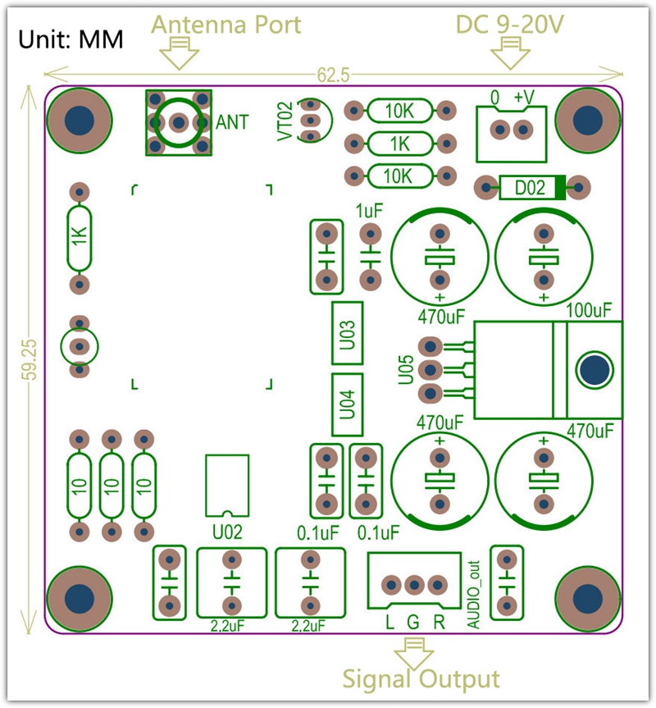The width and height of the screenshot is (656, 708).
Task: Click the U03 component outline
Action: [x=346, y=333]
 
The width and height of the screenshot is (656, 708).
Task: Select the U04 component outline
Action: [x=346, y=404]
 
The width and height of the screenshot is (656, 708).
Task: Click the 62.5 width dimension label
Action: [x=333, y=75]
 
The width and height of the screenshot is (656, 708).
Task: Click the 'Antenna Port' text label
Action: [x=226, y=25]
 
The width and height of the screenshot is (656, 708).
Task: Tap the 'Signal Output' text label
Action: [x=420, y=679]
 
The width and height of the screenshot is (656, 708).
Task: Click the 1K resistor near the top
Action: [x=399, y=143]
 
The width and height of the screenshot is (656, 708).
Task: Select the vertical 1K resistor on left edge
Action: [x=79, y=238]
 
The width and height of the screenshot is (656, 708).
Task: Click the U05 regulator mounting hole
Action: [x=594, y=369]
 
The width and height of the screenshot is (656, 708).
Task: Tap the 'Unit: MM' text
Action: [x=71, y=39]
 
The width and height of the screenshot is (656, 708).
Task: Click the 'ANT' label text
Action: [x=233, y=122]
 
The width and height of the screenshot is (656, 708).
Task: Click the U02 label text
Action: [x=226, y=532]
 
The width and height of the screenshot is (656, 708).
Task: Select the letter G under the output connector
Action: [x=413, y=621]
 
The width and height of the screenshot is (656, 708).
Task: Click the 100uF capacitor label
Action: [x=589, y=310]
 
